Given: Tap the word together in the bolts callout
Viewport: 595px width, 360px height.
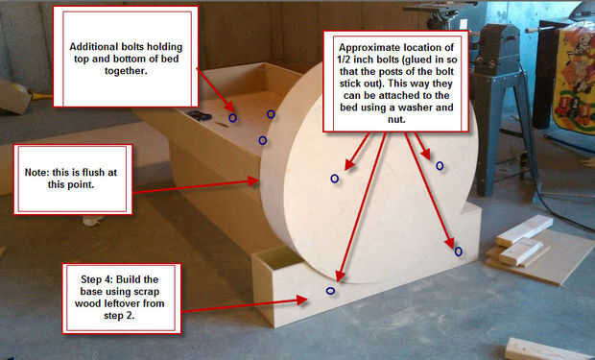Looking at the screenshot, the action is tap(126, 71).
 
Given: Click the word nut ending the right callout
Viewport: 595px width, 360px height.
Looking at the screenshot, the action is tap(397, 119).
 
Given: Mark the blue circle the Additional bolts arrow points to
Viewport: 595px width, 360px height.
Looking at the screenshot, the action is tap(232, 118).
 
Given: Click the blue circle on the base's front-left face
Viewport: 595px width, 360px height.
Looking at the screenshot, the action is tap(330, 291).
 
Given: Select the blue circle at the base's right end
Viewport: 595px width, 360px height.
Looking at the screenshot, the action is tap(458, 252).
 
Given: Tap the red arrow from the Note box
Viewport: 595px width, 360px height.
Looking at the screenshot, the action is tap(196, 186).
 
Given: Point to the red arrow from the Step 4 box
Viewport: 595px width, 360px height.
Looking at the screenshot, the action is tap(244, 305).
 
